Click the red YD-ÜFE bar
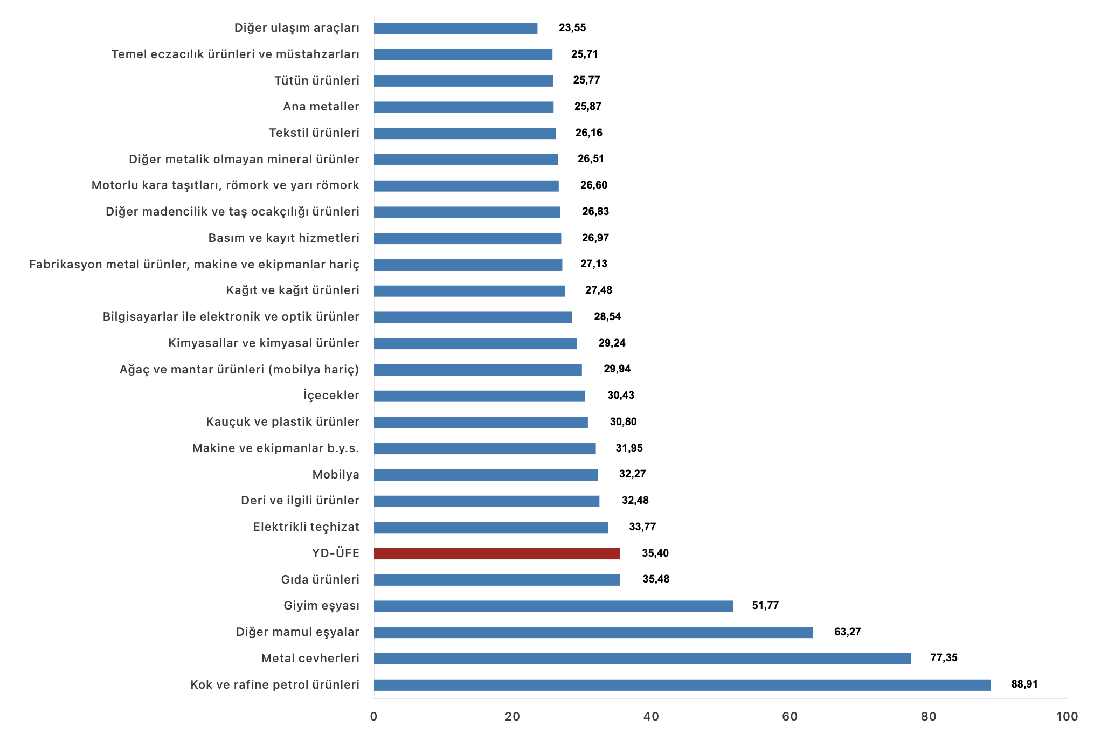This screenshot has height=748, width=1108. (496, 553)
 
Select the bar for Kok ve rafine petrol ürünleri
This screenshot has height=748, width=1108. (682, 685)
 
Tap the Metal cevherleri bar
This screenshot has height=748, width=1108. (642, 659)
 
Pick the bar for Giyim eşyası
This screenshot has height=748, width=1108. (553, 606)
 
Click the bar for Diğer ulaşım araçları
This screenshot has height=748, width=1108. (455, 28)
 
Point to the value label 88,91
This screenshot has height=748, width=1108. (1024, 684)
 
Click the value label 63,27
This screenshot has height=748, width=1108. (847, 632)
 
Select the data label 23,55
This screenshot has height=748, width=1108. (572, 28)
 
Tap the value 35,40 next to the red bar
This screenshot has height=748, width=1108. (655, 553)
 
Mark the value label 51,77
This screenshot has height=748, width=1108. (765, 606)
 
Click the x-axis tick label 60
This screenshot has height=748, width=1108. (790, 717)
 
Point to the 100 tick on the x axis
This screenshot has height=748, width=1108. (1067, 717)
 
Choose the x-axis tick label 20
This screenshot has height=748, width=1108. (513, 717)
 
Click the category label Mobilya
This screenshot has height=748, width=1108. (336, 475)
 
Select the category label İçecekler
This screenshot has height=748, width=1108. (331, 396)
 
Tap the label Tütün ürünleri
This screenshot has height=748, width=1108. (316, 81)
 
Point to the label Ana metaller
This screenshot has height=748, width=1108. (321, 107)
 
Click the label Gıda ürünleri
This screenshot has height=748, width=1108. (320, 580)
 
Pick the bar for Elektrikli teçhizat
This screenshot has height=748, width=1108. (491, 528)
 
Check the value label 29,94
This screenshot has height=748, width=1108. (617, 369)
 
